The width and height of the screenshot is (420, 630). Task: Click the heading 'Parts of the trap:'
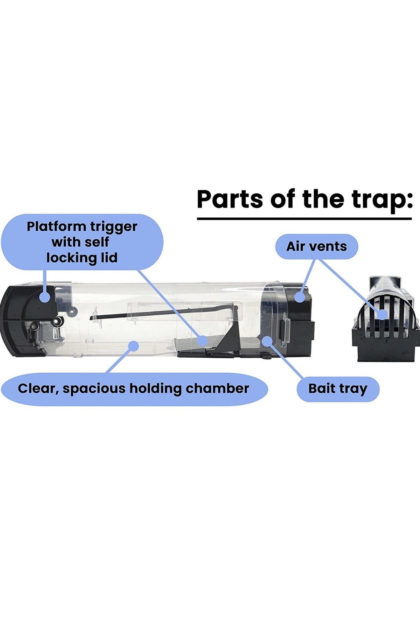tap(304, 200)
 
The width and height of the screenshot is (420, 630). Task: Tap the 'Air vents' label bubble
tap(317, 246)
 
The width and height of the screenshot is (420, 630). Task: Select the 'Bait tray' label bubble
tap(338, 389)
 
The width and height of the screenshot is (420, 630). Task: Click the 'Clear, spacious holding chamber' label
tap(134, 389)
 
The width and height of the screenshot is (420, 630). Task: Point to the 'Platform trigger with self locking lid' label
tap(82, 242)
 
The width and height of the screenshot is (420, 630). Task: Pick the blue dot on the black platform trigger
tap(203, 340)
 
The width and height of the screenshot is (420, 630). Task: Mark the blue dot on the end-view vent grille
tap(383, 314)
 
